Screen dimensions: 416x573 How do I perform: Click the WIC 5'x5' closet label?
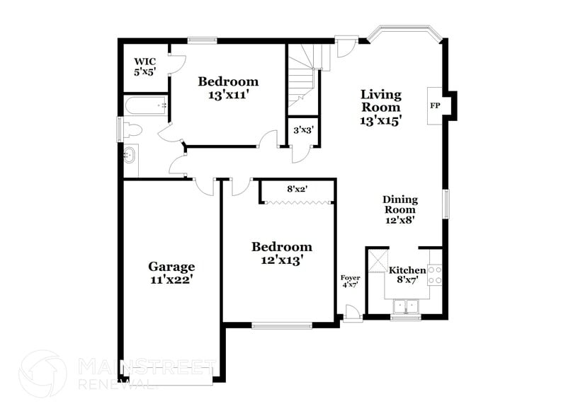point(144,67)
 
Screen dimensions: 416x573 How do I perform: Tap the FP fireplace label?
point(434,105)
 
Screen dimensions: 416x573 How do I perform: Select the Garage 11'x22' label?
point(171,272)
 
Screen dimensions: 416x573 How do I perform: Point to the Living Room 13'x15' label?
point(381,107)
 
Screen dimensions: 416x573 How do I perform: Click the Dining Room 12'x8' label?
point(400,209)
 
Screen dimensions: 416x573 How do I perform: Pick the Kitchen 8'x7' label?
point(407,275)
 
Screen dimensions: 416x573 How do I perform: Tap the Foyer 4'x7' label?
point(351,281)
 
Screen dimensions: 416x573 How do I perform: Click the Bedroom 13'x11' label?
point(227,87)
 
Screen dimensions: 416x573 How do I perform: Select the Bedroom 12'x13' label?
point(282,253)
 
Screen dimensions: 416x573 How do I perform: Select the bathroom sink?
point(130,154)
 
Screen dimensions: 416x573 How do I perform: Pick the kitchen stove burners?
point(434,275)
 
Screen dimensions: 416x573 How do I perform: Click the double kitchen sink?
point(407,306)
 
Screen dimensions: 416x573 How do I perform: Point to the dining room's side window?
point(446,204)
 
